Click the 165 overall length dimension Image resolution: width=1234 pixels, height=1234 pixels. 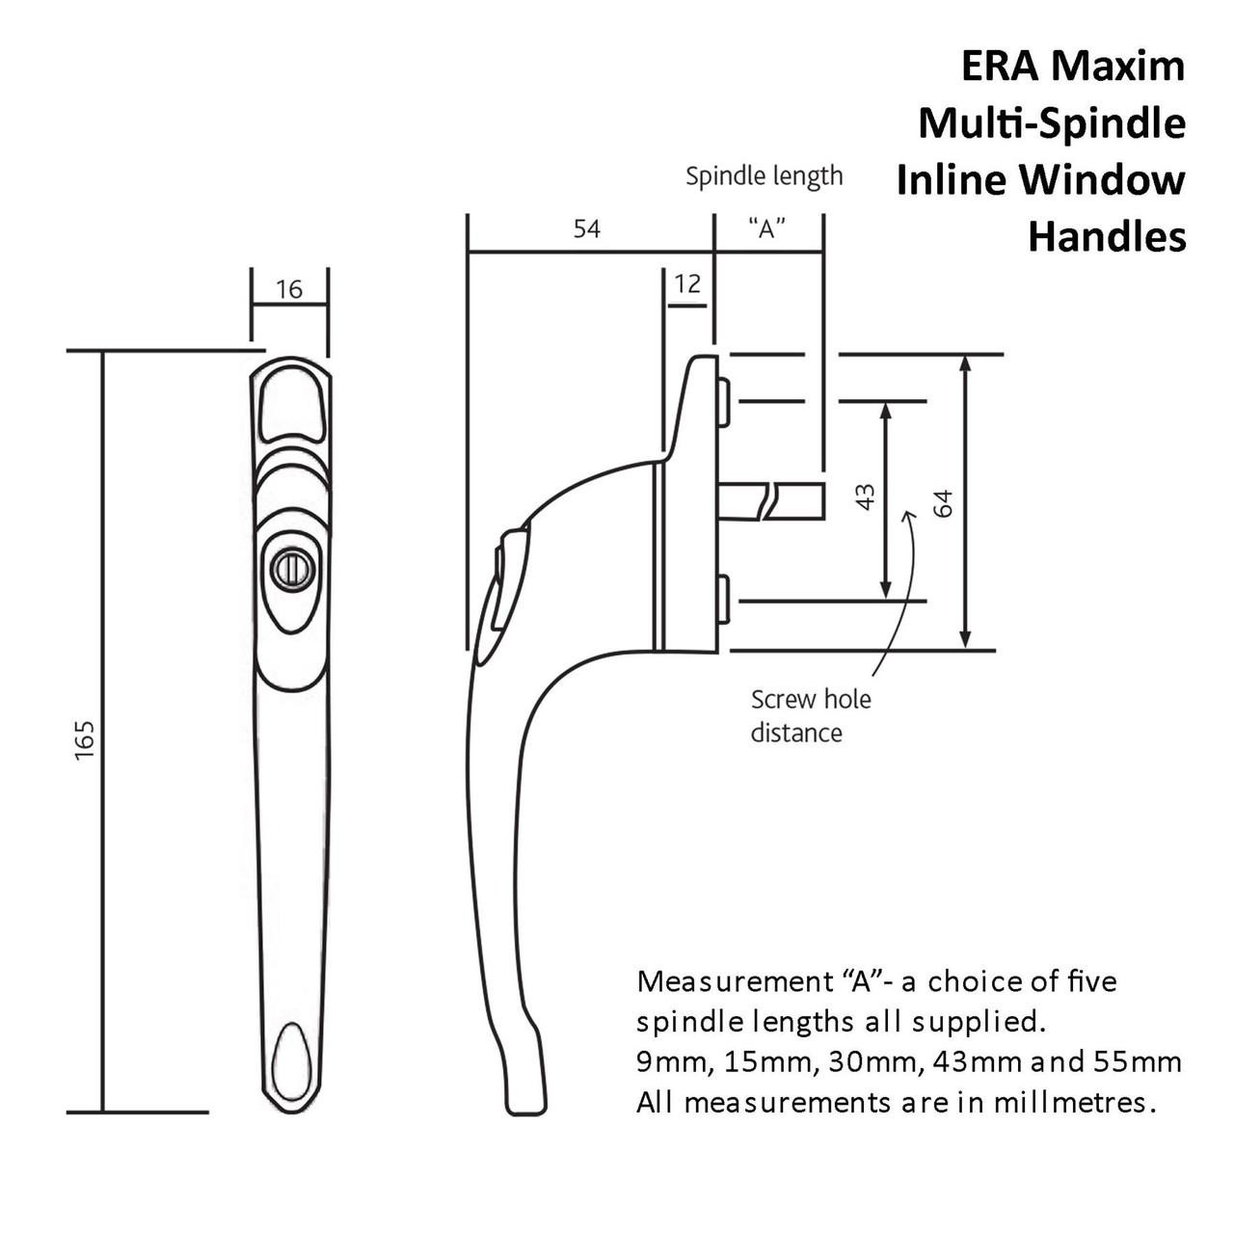(85, 738)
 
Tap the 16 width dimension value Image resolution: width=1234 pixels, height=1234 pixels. (289, 289)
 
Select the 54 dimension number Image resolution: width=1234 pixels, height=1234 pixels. (586, 229)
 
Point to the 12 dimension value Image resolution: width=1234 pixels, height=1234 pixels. (687, 283)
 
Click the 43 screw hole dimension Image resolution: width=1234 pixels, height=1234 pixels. (866, 497)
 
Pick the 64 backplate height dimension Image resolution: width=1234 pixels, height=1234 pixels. (944, 502)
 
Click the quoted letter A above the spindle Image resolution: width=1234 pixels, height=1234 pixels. (766, 229)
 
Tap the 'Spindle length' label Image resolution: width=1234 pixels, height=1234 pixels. (764, 176)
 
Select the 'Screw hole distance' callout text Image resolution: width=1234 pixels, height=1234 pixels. (810, 715)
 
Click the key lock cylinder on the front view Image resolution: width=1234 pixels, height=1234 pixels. (290, 571)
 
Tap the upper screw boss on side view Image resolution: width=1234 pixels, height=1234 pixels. (723, 401)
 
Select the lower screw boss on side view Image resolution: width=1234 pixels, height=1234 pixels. (723, 600)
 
